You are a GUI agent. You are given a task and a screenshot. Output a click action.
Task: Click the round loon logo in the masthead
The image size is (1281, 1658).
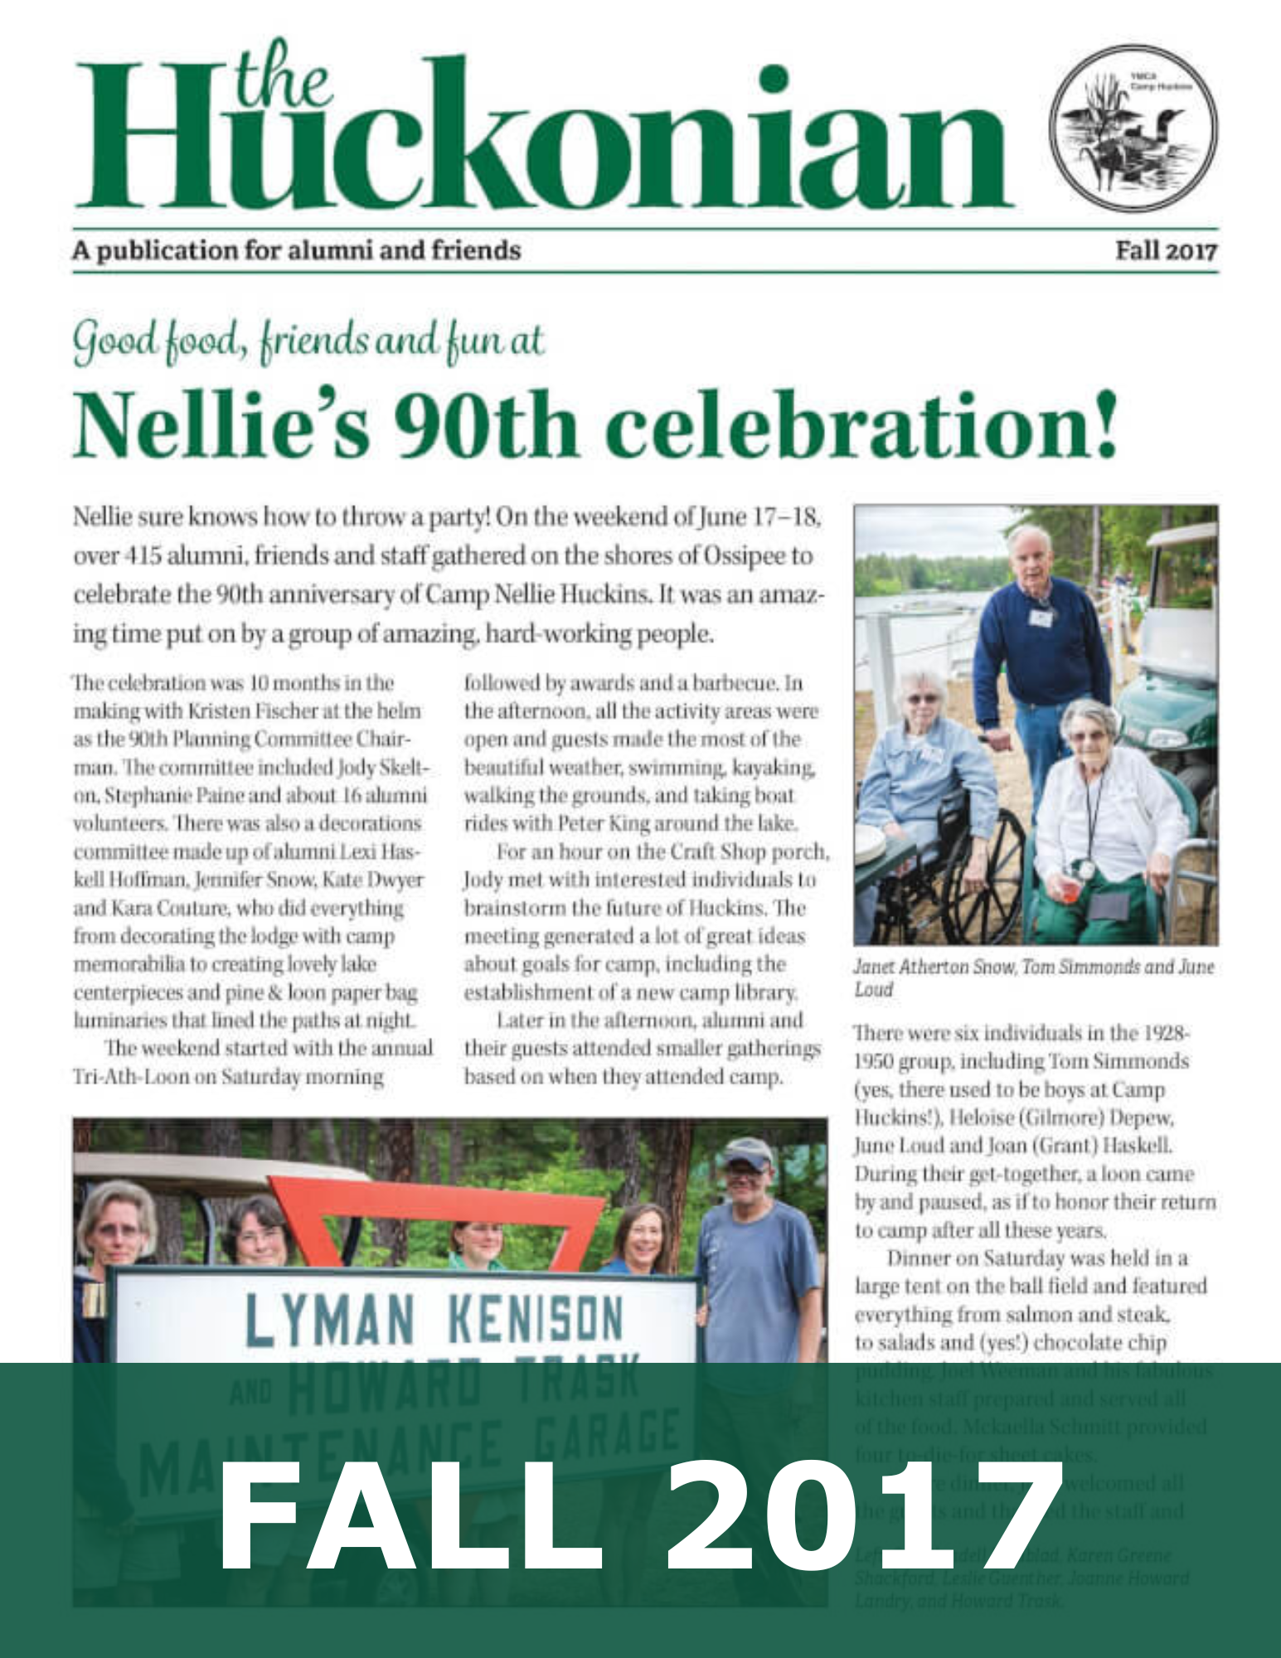pos(1133,131)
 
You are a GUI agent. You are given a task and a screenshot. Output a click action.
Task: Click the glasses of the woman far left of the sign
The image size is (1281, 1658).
pos(116,1230)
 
